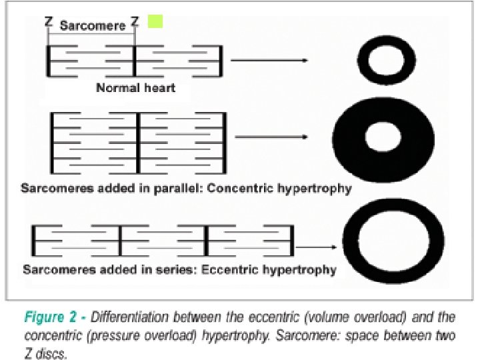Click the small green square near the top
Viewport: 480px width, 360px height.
click(x=155, y=22)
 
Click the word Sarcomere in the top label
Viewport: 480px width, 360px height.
click(x=92, y=26)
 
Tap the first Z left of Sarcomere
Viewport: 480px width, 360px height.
click(x=49, y=22)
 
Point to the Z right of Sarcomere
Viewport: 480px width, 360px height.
click(x=135, y=22)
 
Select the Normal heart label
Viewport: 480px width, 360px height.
click(x=135, y=87)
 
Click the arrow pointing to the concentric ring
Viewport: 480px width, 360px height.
click(x=270, y=137)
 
